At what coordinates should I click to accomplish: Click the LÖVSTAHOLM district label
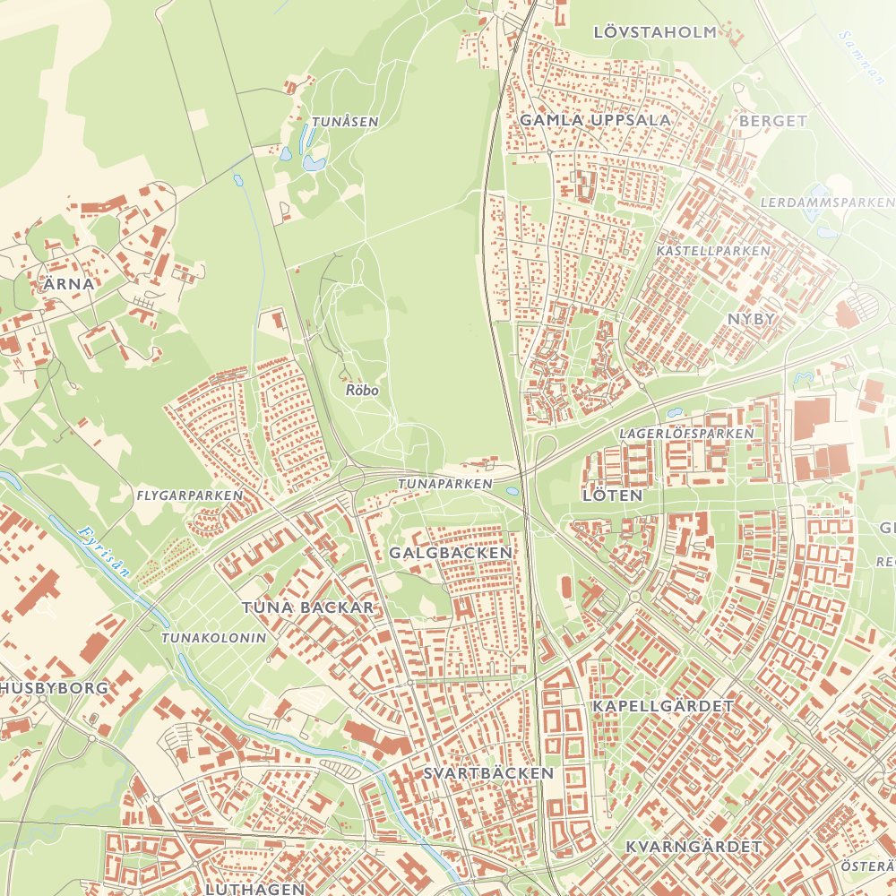(655, 32)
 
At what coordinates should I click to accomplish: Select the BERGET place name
(773, 121)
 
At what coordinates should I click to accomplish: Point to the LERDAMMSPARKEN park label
(826, 203)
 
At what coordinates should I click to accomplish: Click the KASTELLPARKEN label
(713, 251)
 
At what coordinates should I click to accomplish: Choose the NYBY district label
(751, 319)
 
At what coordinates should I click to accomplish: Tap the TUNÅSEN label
(345, 122)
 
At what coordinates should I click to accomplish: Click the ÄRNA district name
(68, 284)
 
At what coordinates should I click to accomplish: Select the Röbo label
(362, 391)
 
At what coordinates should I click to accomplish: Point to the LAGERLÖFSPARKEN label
(686, 434)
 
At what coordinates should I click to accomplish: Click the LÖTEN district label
(613, 495)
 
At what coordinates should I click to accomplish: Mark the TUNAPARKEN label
(445, 484)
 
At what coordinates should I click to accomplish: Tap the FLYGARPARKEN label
(190, 495)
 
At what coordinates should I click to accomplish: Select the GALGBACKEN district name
(451, 553)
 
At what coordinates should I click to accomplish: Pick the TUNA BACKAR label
(307, 607)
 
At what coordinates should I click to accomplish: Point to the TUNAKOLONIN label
(214, 638)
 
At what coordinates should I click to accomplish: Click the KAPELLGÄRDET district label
(663, 706)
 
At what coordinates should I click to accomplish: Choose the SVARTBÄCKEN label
(489, 772)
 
